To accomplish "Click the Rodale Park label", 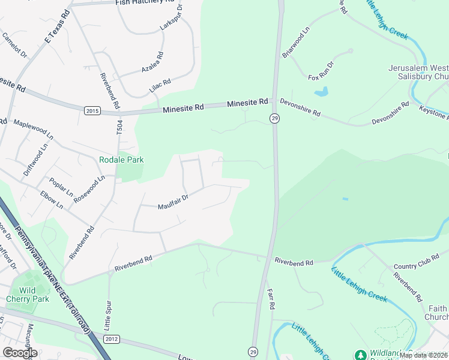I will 121,160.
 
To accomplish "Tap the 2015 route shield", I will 92,110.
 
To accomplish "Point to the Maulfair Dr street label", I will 173,205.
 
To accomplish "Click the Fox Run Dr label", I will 321,70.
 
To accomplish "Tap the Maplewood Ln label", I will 34,129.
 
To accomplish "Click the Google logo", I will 20,353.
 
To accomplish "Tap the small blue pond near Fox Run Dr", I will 322,92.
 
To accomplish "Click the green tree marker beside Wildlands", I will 360,355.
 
